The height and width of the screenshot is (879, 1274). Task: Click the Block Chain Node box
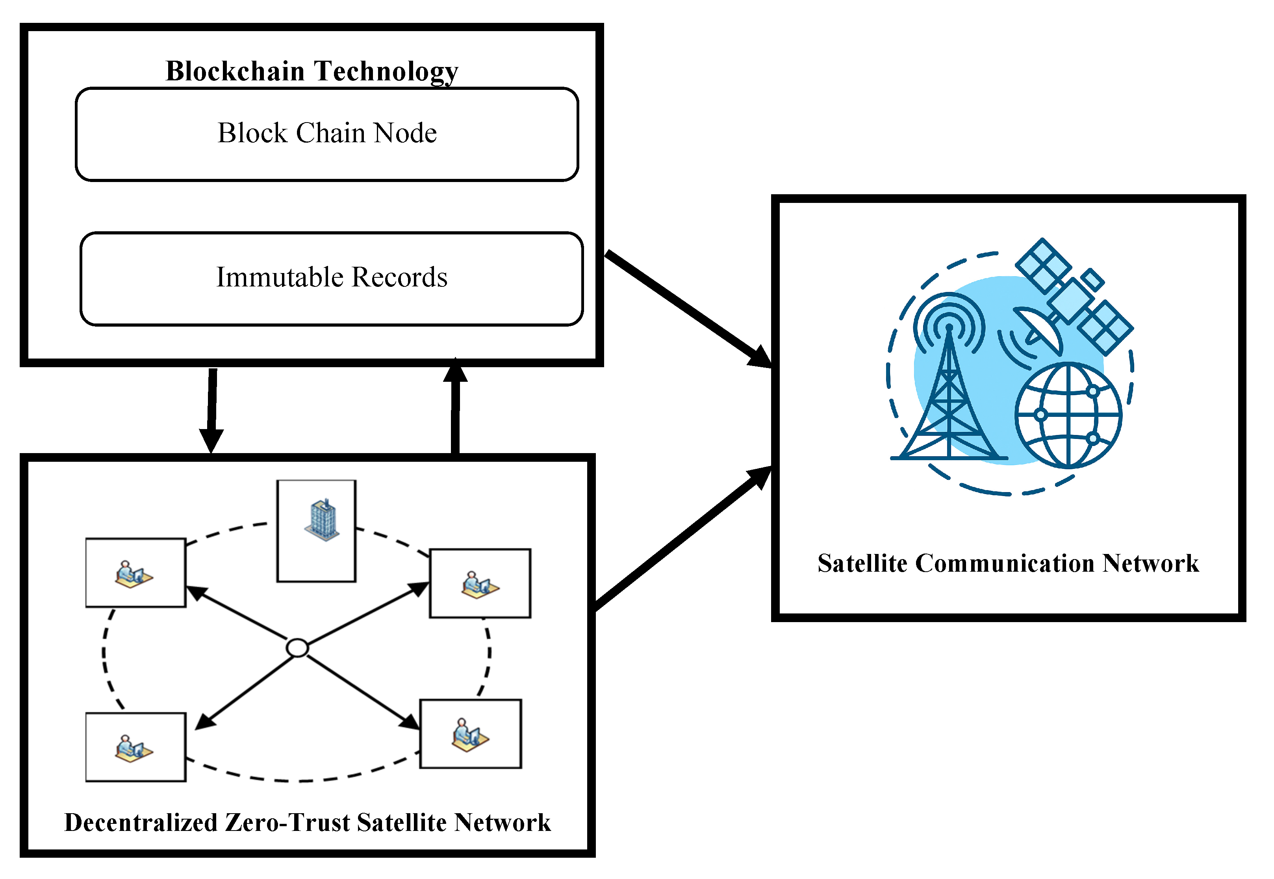[x=327, y=134]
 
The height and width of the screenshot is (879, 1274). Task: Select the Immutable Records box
[x=332, y=278]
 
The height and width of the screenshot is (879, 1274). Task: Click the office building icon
[x=323, y=520]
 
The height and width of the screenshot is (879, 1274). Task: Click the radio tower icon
[x=949, y=386]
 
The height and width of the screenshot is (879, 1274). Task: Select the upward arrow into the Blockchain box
[x=455, y=407]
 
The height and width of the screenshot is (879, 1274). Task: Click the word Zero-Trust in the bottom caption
[x=287, y=823]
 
